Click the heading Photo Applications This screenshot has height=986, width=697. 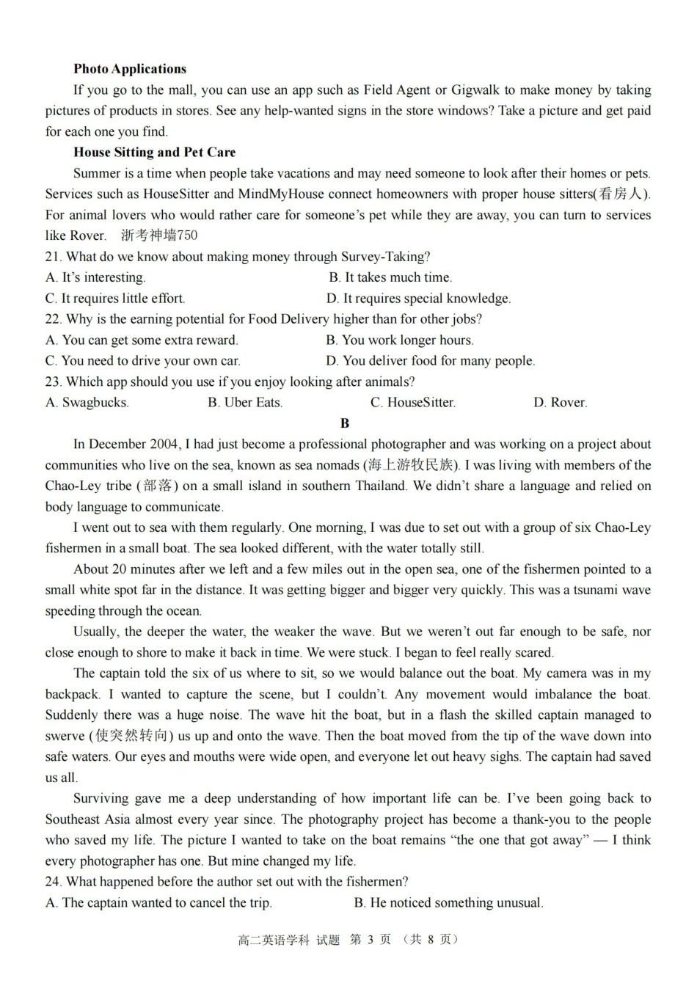click(x=130, y=69)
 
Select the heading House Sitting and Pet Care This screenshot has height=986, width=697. click(x=154, y=153)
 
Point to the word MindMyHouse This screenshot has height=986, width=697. click(x=281, y=194)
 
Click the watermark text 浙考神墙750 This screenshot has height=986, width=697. click(x=159, y=235)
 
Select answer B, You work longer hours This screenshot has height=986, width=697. click(x=400, y=340)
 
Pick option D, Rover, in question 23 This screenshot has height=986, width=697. click(x=560, y=403)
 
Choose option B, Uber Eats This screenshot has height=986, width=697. click(x=245, y=403)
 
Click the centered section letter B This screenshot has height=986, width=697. click(x=345, y=423)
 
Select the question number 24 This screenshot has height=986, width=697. click(x=53, y=882)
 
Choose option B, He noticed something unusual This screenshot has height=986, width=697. click(x=448, y=903)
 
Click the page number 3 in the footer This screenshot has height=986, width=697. click(x=371, y=940)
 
